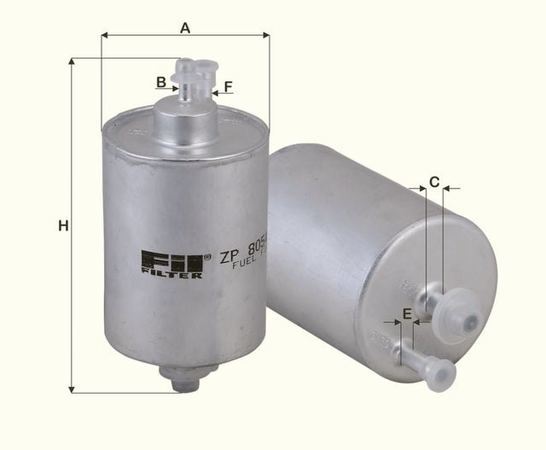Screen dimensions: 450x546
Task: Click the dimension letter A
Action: point(184,26)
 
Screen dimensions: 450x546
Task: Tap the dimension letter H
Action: point(61,226)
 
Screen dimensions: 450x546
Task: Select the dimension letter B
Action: point(160,82)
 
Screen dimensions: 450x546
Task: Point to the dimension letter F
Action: point(229,86)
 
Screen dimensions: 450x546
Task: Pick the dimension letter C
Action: point(433,181)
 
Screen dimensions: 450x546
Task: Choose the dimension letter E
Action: point(407,314)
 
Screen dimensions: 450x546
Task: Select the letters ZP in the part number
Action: point(228,255)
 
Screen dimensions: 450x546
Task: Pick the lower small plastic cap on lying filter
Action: point(440,372)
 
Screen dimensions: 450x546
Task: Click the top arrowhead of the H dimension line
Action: point(71,62)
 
